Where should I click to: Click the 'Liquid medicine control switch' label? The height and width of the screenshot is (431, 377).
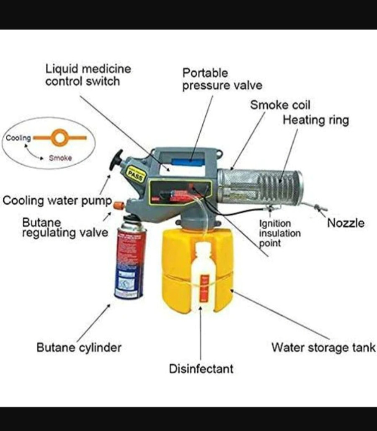(x=88, y=75)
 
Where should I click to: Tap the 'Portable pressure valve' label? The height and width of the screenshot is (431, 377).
(x=222, y=79)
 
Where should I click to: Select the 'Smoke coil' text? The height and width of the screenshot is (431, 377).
(x=280, y=105)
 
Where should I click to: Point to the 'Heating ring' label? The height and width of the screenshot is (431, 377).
(x=315, y=120)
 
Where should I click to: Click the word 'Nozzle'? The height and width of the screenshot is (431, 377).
(x=346, y=223)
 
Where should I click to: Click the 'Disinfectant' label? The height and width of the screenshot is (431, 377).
(x=201, y=369)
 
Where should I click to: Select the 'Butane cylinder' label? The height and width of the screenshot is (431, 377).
(x=79, y=348)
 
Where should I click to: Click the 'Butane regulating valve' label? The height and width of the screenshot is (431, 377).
(x=65, y=227)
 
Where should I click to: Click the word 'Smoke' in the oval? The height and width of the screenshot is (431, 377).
(x=60, y=158)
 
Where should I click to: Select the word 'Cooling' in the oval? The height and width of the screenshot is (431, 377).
(x=18, y=138)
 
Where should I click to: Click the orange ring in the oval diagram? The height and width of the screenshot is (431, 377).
(x=59, y=137)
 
